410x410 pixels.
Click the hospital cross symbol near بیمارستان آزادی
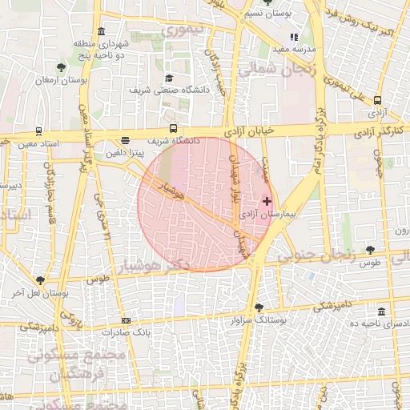pyautogui.click(x=267, y=202)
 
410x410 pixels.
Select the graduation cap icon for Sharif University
pyautogui.click(x=169, y=78)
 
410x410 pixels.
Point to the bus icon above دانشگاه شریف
pyautogui.click(x=173, y=128)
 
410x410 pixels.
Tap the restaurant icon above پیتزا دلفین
pyautogui.click(x=125, y=139)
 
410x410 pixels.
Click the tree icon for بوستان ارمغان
pyautogui.click(x=62, y=67)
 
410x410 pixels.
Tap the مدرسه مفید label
pyautogui.click(x=295, y=48)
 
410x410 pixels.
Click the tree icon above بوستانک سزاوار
pyautogui.click(x=258, y=307)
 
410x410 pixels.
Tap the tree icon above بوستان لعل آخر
pyautogui.click(x=40, y=279)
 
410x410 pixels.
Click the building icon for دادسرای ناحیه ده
pyautogui.click(x=380, y=311)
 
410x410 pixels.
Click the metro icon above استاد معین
pyautogui.click(x=39, y=131)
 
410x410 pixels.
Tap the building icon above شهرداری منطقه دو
pyautogui.click(x=101, y=32)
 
